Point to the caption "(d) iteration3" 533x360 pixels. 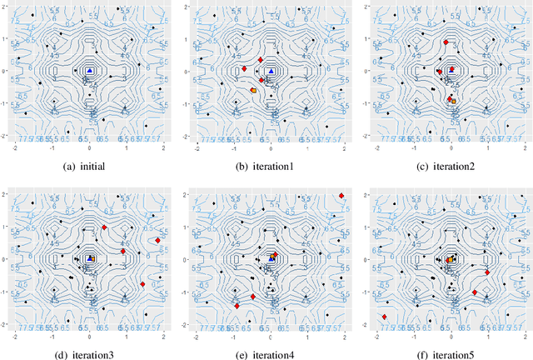pos(89,352)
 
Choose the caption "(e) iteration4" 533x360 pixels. pos(270,352)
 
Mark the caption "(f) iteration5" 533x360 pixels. pos(451,352)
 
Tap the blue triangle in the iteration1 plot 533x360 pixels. pos(271,72)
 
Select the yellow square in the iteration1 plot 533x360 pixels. pos(253,90)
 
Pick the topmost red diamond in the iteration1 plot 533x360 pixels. pos(261,60)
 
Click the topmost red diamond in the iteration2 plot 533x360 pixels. pos(446,42)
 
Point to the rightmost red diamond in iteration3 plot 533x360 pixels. pos(157,241)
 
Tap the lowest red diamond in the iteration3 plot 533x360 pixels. pos(142,285)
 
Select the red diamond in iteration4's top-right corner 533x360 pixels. pos(341,196)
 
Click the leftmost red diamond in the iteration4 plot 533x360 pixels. pos(237,306)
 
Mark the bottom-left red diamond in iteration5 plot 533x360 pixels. pos(385,317)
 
